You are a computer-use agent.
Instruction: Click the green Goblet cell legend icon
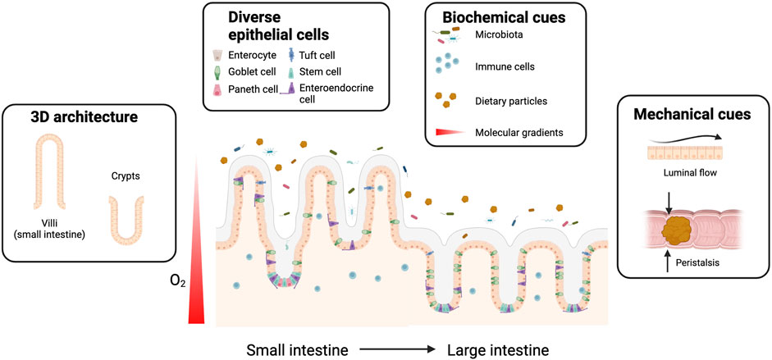[x=217, y=72]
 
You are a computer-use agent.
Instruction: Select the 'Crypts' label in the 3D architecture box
[x=126, y=175]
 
